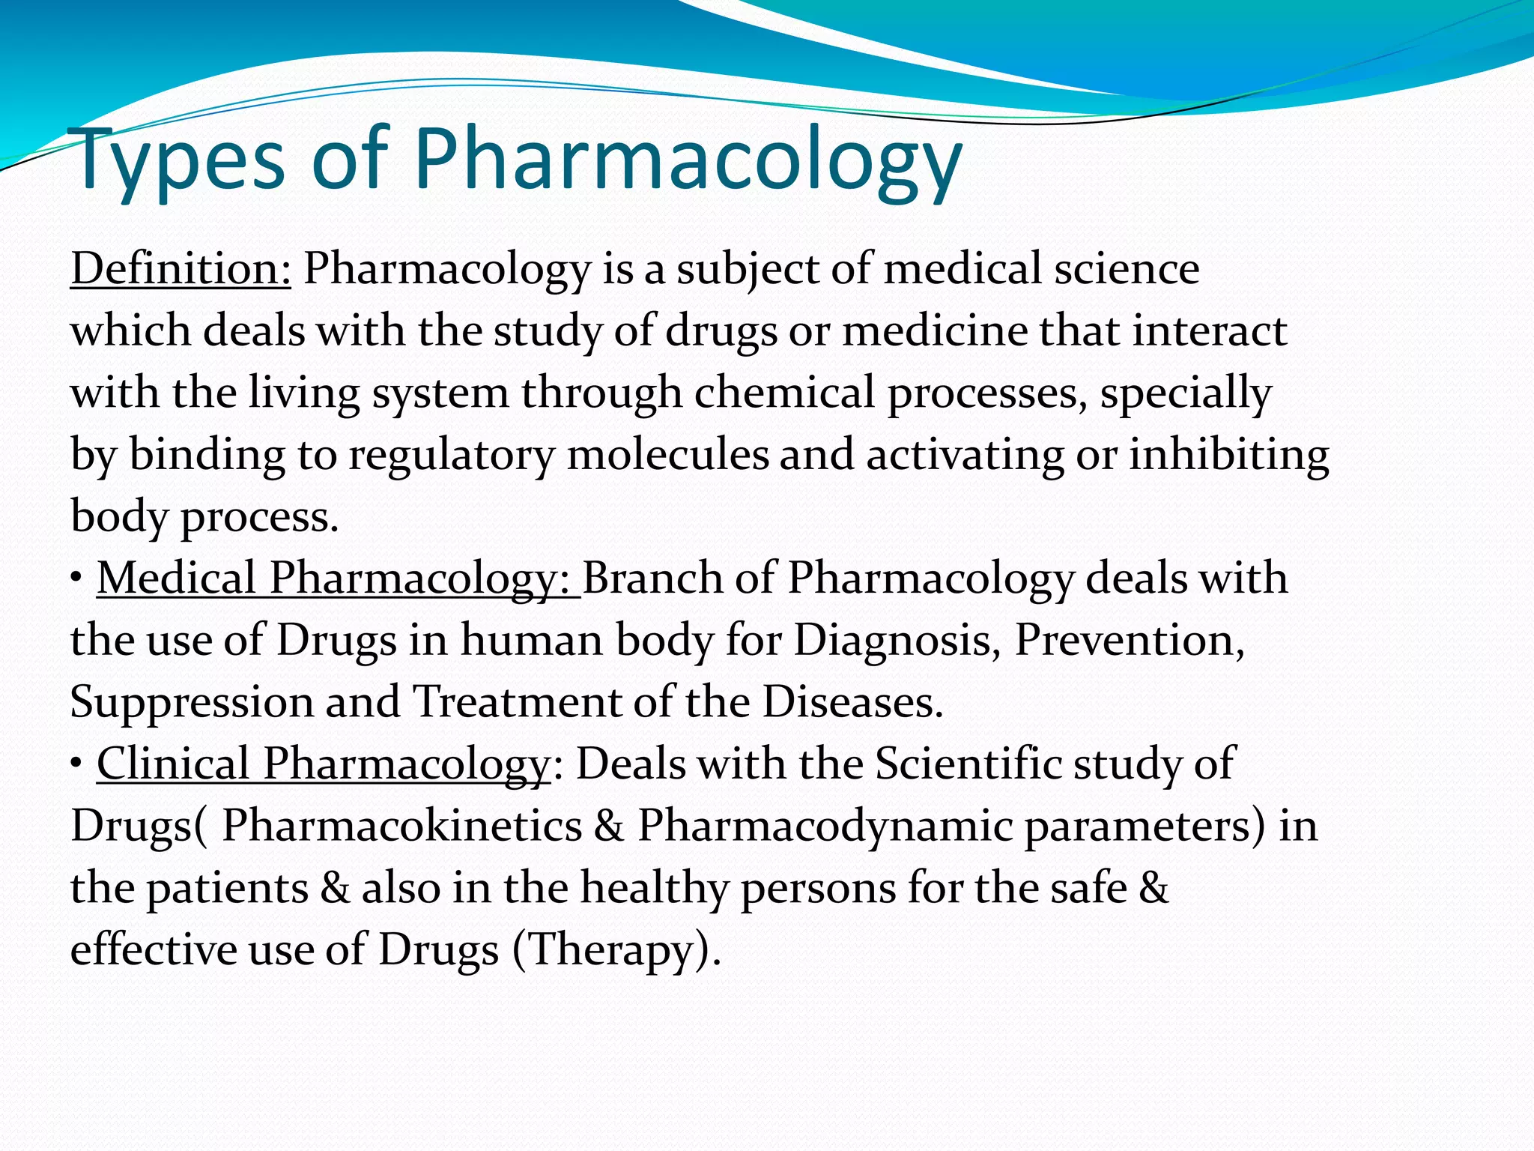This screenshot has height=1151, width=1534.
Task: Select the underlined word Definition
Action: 181,269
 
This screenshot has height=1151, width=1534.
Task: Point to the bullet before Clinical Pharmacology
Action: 76,764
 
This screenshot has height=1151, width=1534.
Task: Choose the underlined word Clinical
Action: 173,764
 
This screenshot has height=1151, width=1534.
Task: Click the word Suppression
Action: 192,702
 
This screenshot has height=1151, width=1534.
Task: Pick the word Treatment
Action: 518,702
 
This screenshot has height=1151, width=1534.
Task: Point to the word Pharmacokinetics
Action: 402,826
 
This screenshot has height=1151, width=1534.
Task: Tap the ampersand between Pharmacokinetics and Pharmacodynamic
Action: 610,826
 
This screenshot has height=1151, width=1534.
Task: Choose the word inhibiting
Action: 1228,455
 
